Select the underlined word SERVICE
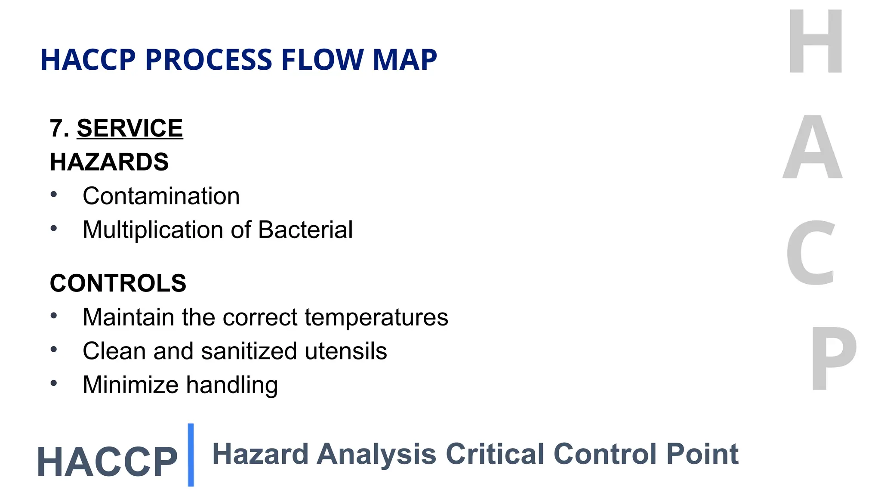(x=129, y=128)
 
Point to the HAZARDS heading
(x=109, y=162)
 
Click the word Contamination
(x=161, y=196)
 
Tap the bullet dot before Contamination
(x=54, y=195)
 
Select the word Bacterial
(x=305, y=229)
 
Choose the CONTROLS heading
(x=118, y=283)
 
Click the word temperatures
(x=376, y=317)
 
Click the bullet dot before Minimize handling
(x=54, y=383)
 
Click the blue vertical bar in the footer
(x=191, y=455)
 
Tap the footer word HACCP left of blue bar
(x=107, y=462)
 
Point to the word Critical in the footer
(x=495, y=454)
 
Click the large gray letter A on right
(x=812, y=148)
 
